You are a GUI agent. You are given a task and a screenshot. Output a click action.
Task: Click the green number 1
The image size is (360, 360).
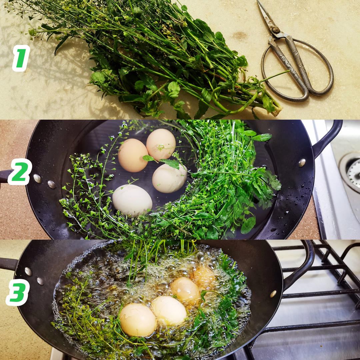coord(21,58)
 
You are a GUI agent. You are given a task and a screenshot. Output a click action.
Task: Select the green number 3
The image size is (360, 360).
coord(18,293)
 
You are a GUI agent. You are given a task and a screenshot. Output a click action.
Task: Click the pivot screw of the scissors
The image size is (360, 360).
coord(276,30)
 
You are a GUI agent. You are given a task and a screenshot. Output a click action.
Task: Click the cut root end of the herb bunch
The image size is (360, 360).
coord(277,111)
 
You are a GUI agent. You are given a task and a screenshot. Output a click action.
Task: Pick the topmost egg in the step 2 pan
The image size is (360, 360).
coord(161,144)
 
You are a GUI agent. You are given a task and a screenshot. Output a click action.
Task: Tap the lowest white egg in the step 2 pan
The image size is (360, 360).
coord(132,200)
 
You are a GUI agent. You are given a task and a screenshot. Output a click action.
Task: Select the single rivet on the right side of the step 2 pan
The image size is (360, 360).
coord(302,163)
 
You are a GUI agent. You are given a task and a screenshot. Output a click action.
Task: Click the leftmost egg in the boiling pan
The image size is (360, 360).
coord(138,320)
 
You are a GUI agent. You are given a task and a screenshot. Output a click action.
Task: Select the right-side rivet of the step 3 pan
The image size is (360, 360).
coord(273,294)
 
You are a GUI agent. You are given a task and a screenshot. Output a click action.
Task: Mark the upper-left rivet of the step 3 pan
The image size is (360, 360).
coord(28,271)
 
